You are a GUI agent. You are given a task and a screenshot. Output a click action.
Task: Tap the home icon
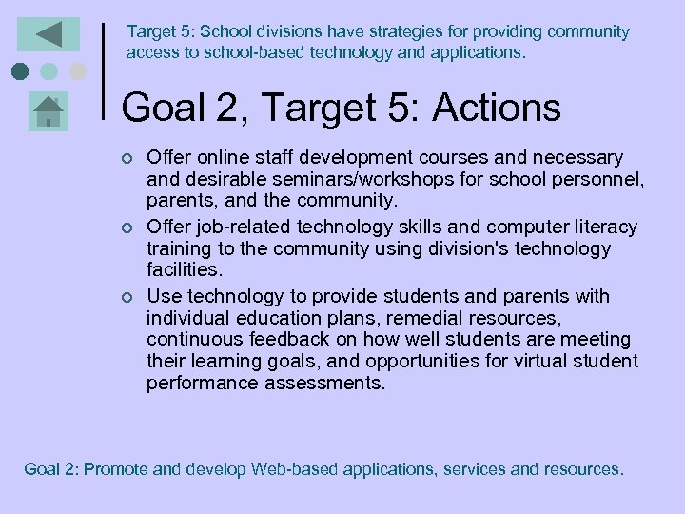(48, 111)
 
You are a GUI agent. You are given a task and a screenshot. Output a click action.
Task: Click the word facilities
(185, 269)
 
